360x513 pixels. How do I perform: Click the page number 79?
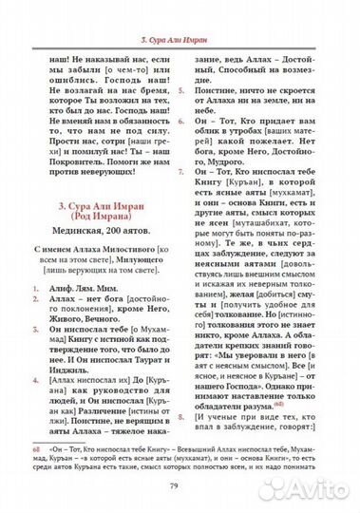point(180,487)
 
